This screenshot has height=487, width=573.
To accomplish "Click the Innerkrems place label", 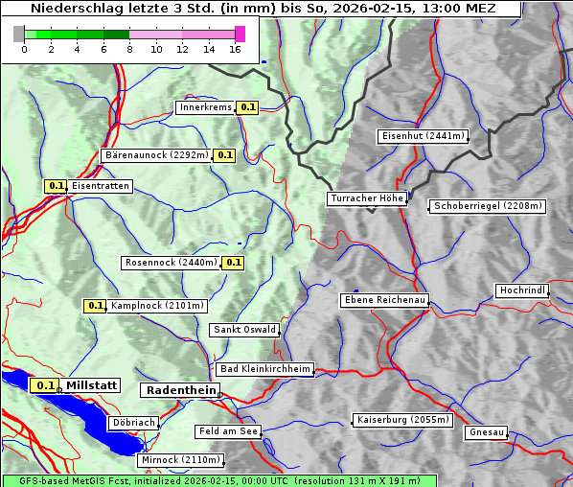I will coord(205,107).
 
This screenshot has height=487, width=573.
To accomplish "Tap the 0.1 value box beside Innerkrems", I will coord(248,107).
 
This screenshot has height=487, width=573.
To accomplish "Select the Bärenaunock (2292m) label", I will coord(155,154).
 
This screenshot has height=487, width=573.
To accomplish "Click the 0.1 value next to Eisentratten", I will coord(56,186).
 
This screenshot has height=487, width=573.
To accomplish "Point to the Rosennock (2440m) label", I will coord(171,263).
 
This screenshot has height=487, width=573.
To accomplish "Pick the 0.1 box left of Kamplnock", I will coord(95,306).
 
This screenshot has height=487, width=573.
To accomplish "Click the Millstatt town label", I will coord(91,385).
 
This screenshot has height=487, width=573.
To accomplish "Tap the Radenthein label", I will coord(179,390).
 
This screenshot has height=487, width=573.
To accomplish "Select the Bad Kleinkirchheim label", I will coord(265,369).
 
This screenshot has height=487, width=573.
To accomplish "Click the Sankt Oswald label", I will coord(244,330).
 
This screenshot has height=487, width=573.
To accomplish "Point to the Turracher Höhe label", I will coord(367,198).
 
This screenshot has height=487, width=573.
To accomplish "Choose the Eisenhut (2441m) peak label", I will coord(423,136).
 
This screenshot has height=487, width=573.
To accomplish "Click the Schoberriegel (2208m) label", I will coord(488,206).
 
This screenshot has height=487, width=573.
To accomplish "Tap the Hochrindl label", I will coord(522,290).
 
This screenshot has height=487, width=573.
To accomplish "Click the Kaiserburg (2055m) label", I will coord(401,420).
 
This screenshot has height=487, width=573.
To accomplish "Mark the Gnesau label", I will coord(486,432).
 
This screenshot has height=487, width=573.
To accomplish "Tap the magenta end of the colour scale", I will coord(240,34).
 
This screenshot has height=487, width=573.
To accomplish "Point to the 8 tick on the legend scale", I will coord(129,49).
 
